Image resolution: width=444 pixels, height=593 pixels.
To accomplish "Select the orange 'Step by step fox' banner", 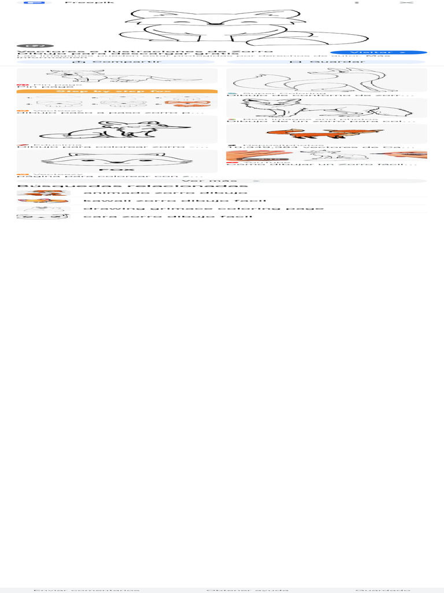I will click(117, 91).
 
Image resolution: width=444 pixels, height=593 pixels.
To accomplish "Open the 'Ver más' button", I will click(221, 181).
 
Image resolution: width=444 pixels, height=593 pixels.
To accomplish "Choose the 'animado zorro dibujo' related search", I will click(165, 193).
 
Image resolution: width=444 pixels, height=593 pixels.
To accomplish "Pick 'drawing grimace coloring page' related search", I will click(203, 208).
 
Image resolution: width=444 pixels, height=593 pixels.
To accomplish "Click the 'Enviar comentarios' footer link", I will click(87, 590).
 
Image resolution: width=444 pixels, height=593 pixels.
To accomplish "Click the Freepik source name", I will click(90, 2).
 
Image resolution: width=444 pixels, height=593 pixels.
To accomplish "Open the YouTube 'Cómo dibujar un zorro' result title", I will click(322, 164).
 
